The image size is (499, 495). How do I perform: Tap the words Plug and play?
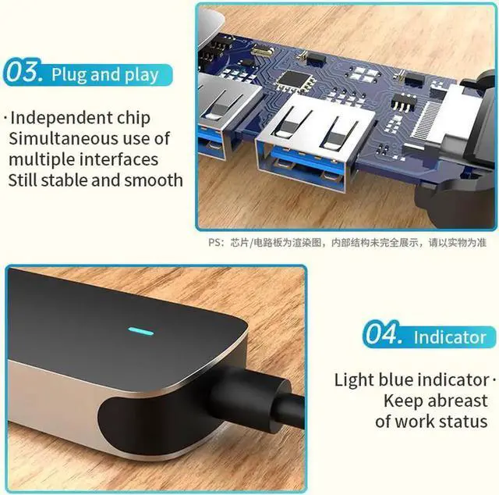(x=104, y=76)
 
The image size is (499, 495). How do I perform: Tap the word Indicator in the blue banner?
(x=450, y=337)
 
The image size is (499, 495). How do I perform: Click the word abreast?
(x=456, y=401)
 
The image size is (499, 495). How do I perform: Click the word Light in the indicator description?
(x=354, y=380)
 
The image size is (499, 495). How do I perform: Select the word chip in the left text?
(x=133, y=119)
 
